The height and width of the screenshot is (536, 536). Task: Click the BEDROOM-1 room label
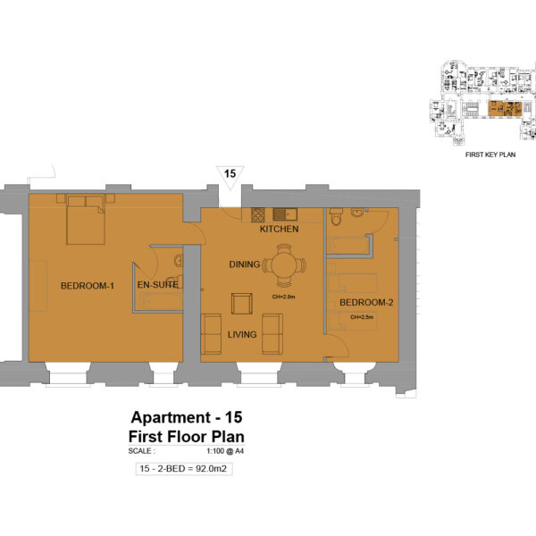pyautogui.click(x=88, y=286)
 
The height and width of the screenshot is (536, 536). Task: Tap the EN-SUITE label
pyautogui.click(x=157, y=286)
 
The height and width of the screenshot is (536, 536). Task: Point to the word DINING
pyautogui.click(x=244, y=264)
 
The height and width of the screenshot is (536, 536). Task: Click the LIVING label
pyautogui.click(x=241, y=335)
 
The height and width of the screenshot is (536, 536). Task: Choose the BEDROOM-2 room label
pyautogui.click(x=366, y=303)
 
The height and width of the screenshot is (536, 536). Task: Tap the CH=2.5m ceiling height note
pyautogui.click(x=362, y=317)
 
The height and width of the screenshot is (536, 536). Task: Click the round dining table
pyautogui.click(x=283, y=265)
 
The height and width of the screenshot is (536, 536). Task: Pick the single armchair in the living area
pyautogui.click(x=242, y=303)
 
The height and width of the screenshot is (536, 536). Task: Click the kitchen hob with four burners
pyautogui.click(x=259, y=214)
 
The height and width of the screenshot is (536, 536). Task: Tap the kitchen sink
pyautogui.click(x=286, y=214)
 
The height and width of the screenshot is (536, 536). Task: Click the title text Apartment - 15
pyautogui.click(x=187, y=418)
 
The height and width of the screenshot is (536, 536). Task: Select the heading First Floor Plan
pyautogui.click(x=187, y=437)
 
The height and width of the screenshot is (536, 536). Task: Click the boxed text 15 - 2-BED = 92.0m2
pyautogui.click(x=184, y=469)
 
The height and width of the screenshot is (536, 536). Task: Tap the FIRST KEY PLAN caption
pyautogui.click(x=491, y=155)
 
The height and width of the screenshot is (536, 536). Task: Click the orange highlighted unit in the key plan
pyautogui.click(x=501, y=109)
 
